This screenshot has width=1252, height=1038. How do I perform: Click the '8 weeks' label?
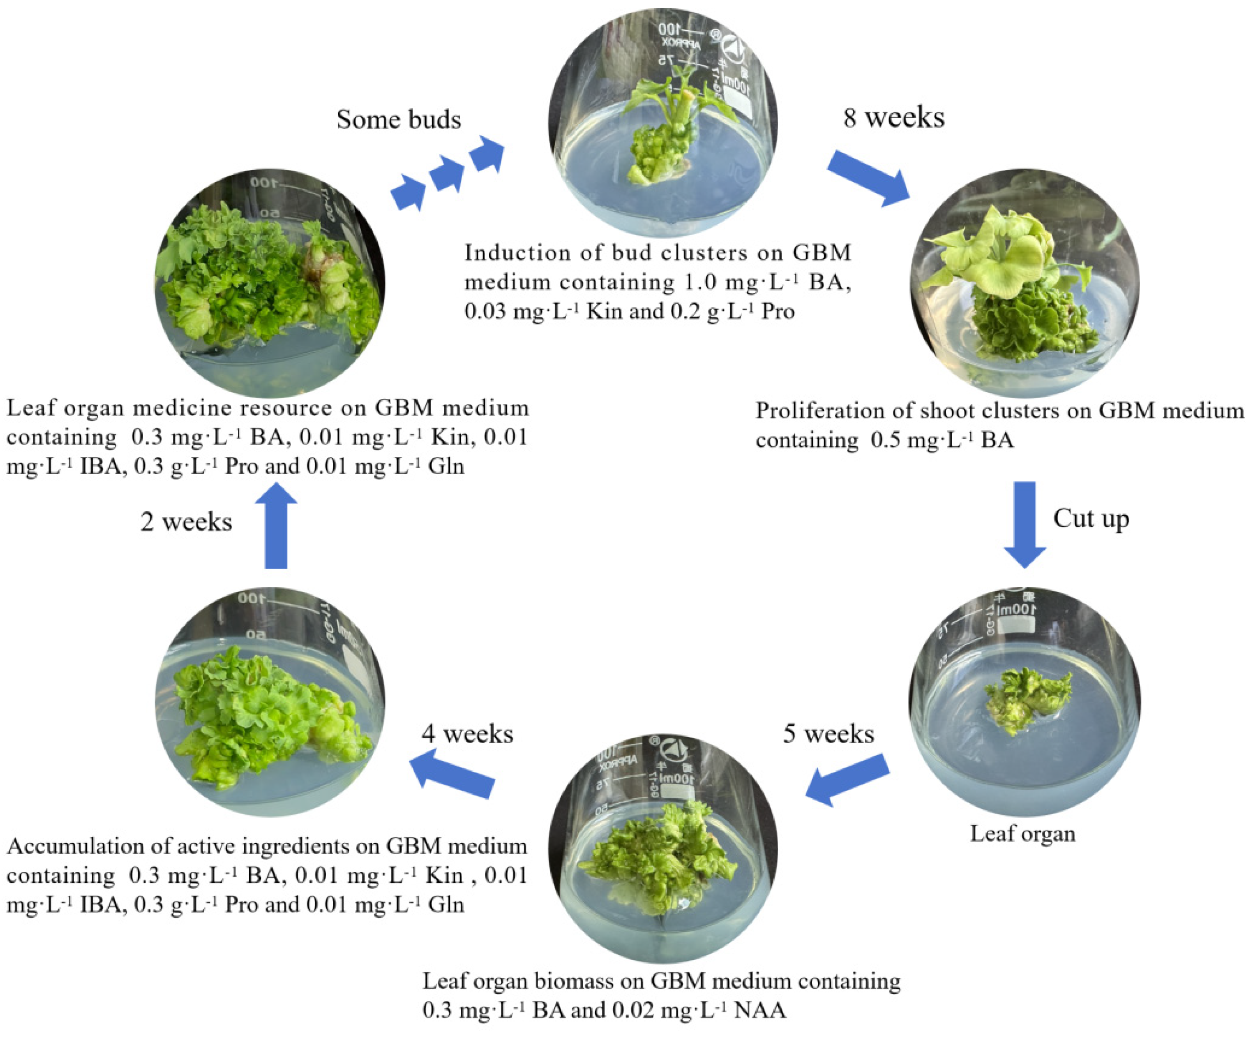pos(894,118)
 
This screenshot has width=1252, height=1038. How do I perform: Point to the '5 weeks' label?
pos(829,734)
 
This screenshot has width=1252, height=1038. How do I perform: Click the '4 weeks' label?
pos(468,734)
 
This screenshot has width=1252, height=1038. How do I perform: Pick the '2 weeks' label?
pos(186,522)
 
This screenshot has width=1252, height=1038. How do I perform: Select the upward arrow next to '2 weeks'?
pos(276,525)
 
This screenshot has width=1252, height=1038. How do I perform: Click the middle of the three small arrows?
pos(446,174)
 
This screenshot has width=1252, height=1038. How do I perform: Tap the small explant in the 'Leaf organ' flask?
pos(1027,702)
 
